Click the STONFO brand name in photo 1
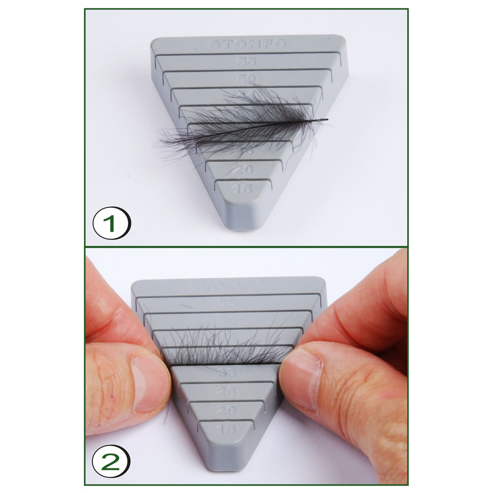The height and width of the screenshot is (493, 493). [247, 44]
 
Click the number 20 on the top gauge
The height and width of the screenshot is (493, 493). [243, 170]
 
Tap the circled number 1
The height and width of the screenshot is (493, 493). [111, 223]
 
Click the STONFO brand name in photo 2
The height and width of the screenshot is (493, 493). [228, 286]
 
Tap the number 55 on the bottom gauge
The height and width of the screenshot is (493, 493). [227, 303]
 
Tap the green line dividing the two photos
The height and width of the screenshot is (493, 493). [246, 246]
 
